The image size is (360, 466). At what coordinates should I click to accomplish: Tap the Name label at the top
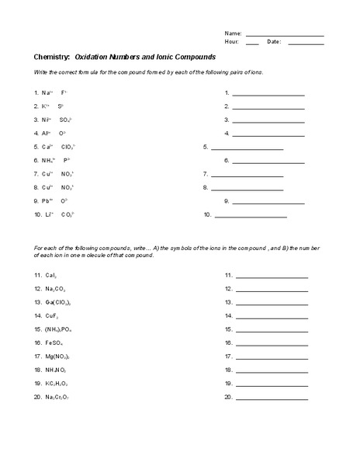click(234, 34)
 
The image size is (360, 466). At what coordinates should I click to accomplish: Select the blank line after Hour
click(252, 44)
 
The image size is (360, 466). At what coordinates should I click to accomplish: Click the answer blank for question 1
click(268, 94)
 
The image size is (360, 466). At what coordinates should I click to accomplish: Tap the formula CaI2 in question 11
click(51, 275)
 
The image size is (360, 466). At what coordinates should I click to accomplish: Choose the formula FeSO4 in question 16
click(55, 343)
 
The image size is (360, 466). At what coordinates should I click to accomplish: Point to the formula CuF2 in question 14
click(52, 315)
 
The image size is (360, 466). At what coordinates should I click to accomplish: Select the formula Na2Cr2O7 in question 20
click(58, 397)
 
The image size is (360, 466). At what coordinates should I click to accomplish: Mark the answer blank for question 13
click(272, 303)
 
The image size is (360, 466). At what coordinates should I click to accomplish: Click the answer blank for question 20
click(272, 398)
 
